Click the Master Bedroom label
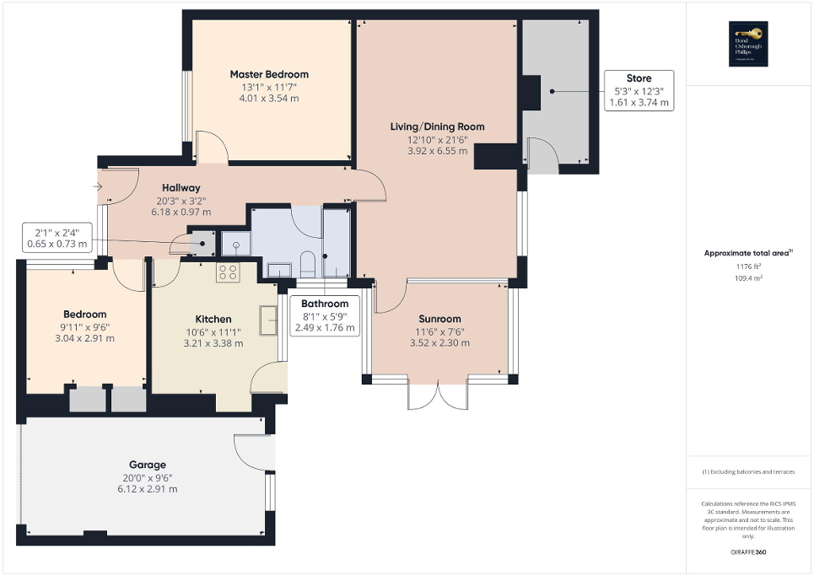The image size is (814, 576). click(269, 74)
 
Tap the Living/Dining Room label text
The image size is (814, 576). click(437, 127)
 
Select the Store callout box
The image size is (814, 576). click(639, 90)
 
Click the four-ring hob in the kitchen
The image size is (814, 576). click(228, 272)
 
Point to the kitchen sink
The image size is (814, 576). click(271, 320)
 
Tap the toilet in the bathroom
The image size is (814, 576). click(307, 264)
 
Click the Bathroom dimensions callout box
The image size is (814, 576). click(325, 315)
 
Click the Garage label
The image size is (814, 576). click(147, 465)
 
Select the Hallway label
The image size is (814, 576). click(181, 188)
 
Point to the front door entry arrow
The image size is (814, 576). click(99, 187)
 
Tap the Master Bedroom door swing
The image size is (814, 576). click(212, 147)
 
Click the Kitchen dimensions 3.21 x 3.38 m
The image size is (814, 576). click(213, 343)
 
